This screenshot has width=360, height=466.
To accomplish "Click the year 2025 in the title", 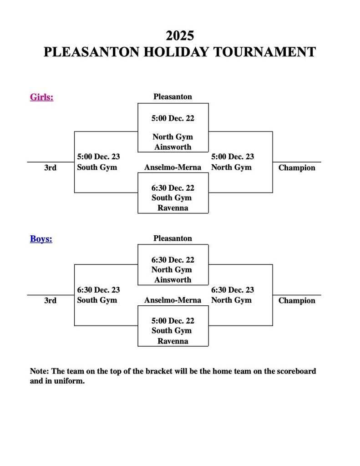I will click(x=180, y=35).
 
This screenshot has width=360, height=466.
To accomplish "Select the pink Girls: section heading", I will click(x=41, y=97).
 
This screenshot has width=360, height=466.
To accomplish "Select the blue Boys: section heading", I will click(x=41, y=238).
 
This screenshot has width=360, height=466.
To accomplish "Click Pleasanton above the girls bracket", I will click(x=172, y=96).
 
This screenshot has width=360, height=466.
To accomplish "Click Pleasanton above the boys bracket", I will click(x=172, y=238).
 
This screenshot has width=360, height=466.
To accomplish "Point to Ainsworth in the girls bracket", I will click(x=172, y=147).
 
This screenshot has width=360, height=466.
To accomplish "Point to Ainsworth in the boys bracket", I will click(x=172, y=280).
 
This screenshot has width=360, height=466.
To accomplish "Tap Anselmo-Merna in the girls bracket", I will click(x=172, y=167).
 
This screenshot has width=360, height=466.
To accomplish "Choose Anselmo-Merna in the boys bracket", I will click(x=172, y=300).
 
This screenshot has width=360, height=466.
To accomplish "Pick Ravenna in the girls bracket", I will click(x=172, y=208).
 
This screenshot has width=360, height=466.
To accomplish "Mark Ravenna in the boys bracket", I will click(x=172, y=341).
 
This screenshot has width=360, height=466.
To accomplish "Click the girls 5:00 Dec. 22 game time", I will click(x=172, y=118).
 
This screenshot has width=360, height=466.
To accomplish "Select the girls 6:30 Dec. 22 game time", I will click(x=172, y=187).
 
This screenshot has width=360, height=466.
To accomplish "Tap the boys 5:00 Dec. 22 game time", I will click(x=172, y=321).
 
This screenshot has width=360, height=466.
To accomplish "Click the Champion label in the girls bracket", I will click(x=297, y=167).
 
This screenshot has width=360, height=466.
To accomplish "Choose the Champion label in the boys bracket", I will click(x=297, y=300).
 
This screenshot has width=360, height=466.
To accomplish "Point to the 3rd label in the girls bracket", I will click(x=50, y=167).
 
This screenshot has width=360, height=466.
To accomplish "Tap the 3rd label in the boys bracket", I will click(x=50, y=300).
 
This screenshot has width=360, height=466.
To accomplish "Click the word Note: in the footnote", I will click(x=40, y=371).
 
